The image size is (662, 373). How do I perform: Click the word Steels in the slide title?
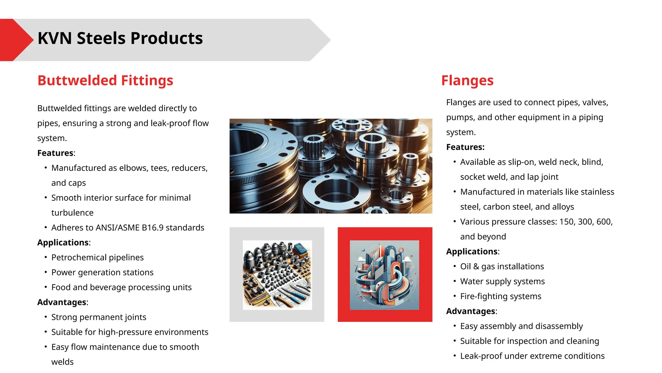[x=101, y=38]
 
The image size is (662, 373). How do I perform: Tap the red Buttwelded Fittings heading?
[x=105, y=80]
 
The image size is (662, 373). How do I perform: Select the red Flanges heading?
[x=467, y=80]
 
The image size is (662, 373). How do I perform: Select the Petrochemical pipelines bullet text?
[x=97, y=257]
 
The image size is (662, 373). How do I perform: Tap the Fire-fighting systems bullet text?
[x=500, y=296]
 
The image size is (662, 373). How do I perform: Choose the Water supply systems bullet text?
[x=502, y=281]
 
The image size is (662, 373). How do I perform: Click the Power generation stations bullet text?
[x=102, y=272]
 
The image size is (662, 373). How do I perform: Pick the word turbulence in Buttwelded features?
[x=72, y=213]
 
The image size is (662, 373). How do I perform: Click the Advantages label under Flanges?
[x=471, y=311]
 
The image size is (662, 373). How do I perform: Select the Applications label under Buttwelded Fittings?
[x=63, y=243]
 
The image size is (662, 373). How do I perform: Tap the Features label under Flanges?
[x=465, y=147]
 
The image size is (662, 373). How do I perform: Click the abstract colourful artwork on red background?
[x=384, y=275]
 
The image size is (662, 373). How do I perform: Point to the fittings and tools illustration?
[x=277, y=275]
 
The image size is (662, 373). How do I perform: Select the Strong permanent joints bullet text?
[x=99, y=317]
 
